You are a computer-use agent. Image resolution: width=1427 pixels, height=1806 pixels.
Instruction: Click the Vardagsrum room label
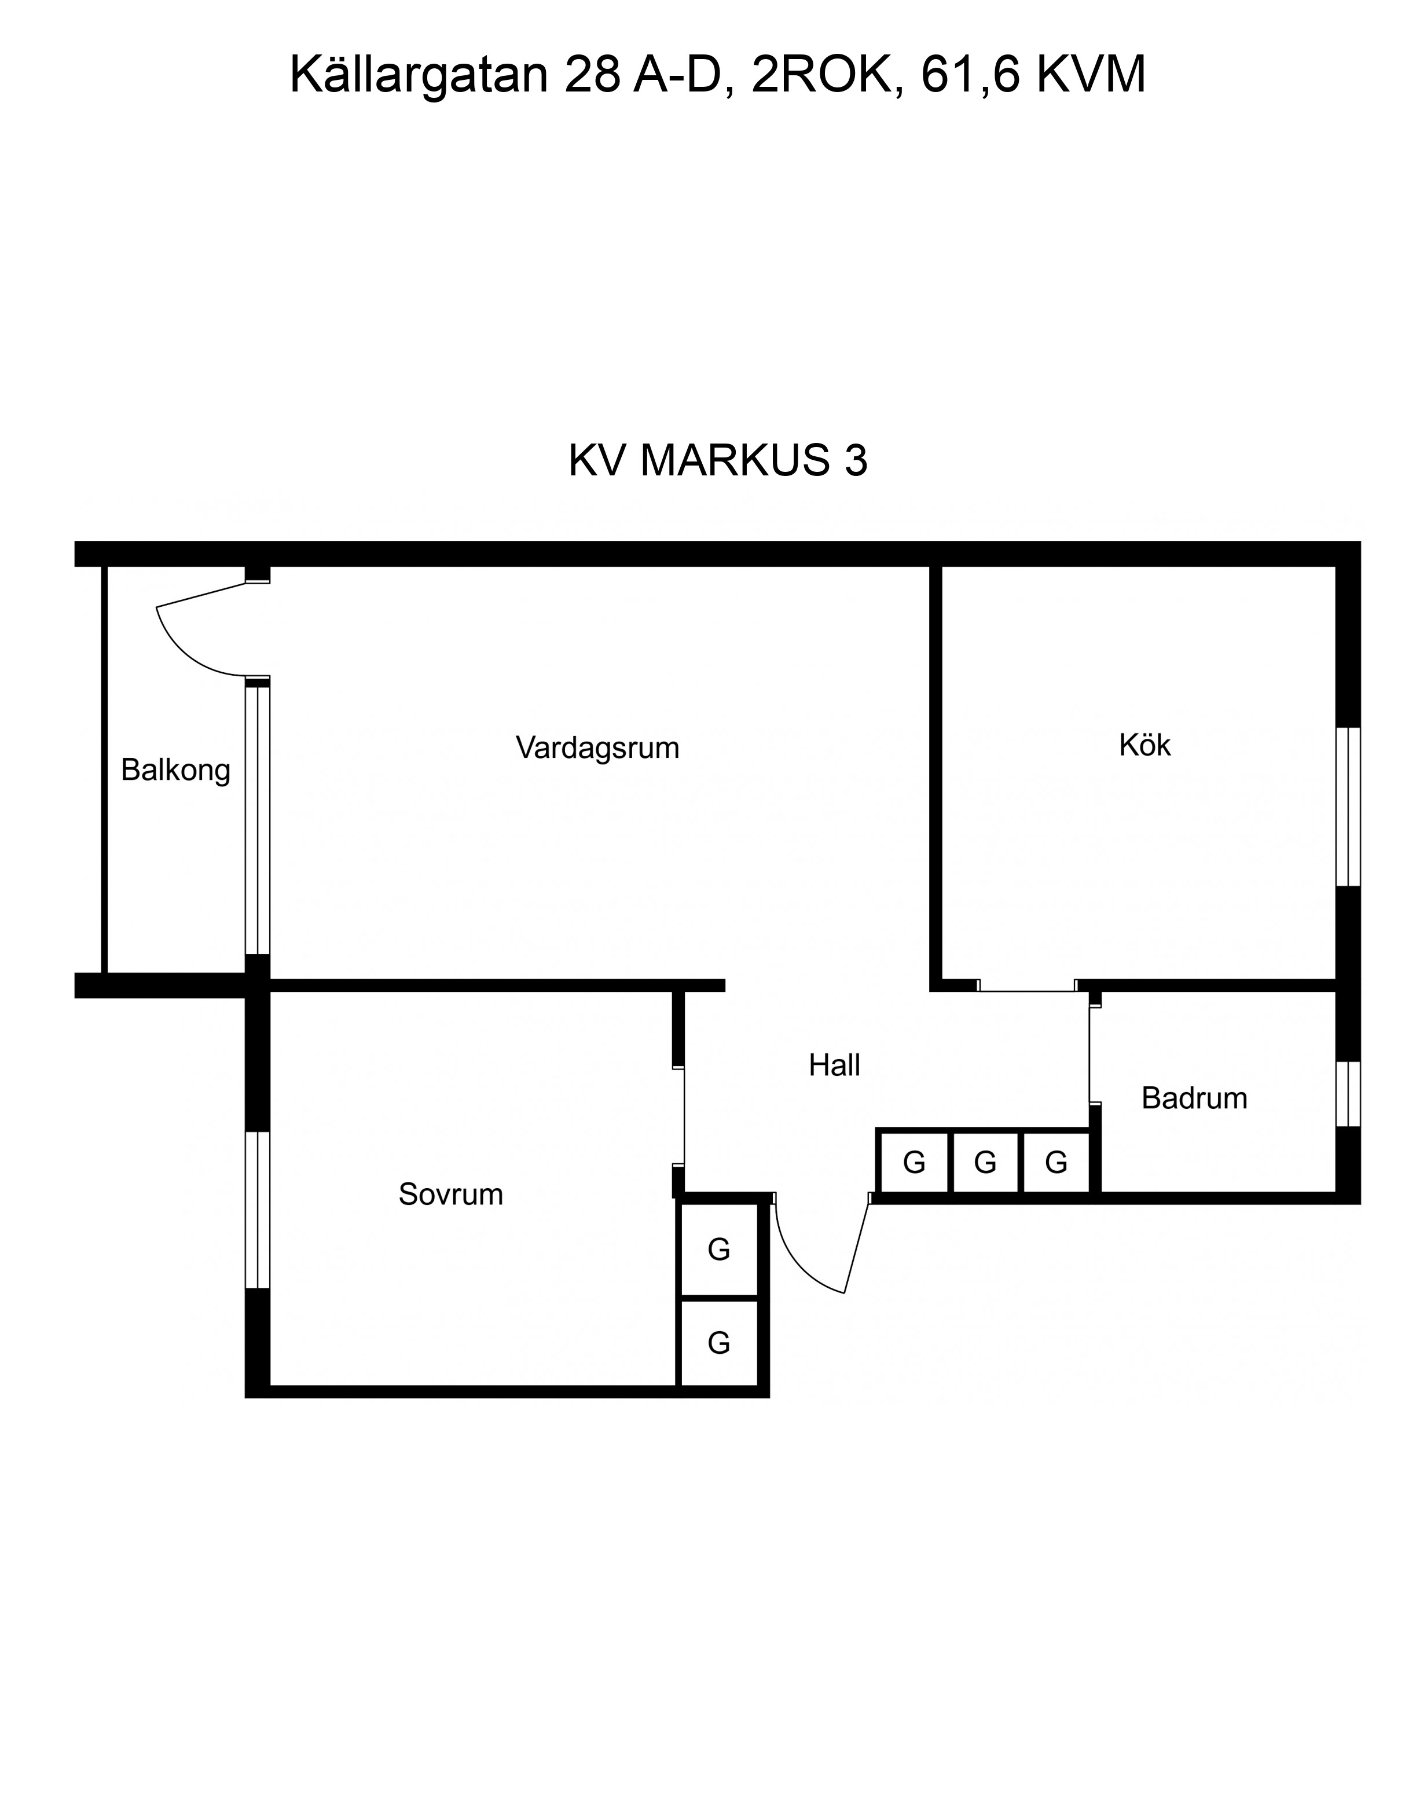click(x=597, y=748)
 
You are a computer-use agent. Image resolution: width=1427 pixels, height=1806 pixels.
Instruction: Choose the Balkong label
click(x=175, y=771)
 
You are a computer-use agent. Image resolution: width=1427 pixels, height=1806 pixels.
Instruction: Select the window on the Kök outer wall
click(x=1348, y=807)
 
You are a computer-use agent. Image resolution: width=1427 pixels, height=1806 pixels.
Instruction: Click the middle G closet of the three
click(x=986, y=1163)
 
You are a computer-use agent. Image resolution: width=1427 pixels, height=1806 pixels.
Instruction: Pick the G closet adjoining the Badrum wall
click(x=1057, y=1163)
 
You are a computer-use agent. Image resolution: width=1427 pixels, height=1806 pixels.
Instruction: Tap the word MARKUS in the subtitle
click(x=736, y=460)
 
